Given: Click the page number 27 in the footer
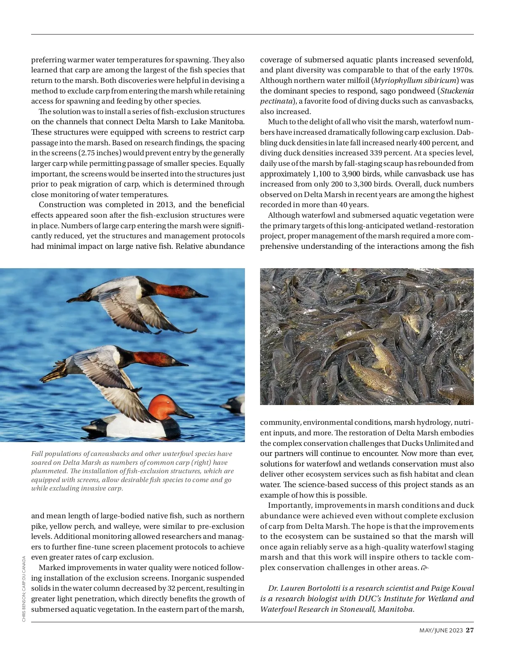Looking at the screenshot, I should (470, 630).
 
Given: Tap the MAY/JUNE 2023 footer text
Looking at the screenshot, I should (441, 631).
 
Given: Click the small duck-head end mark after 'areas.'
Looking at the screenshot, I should (425, 568).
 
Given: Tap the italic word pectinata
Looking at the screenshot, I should (276, 101).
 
